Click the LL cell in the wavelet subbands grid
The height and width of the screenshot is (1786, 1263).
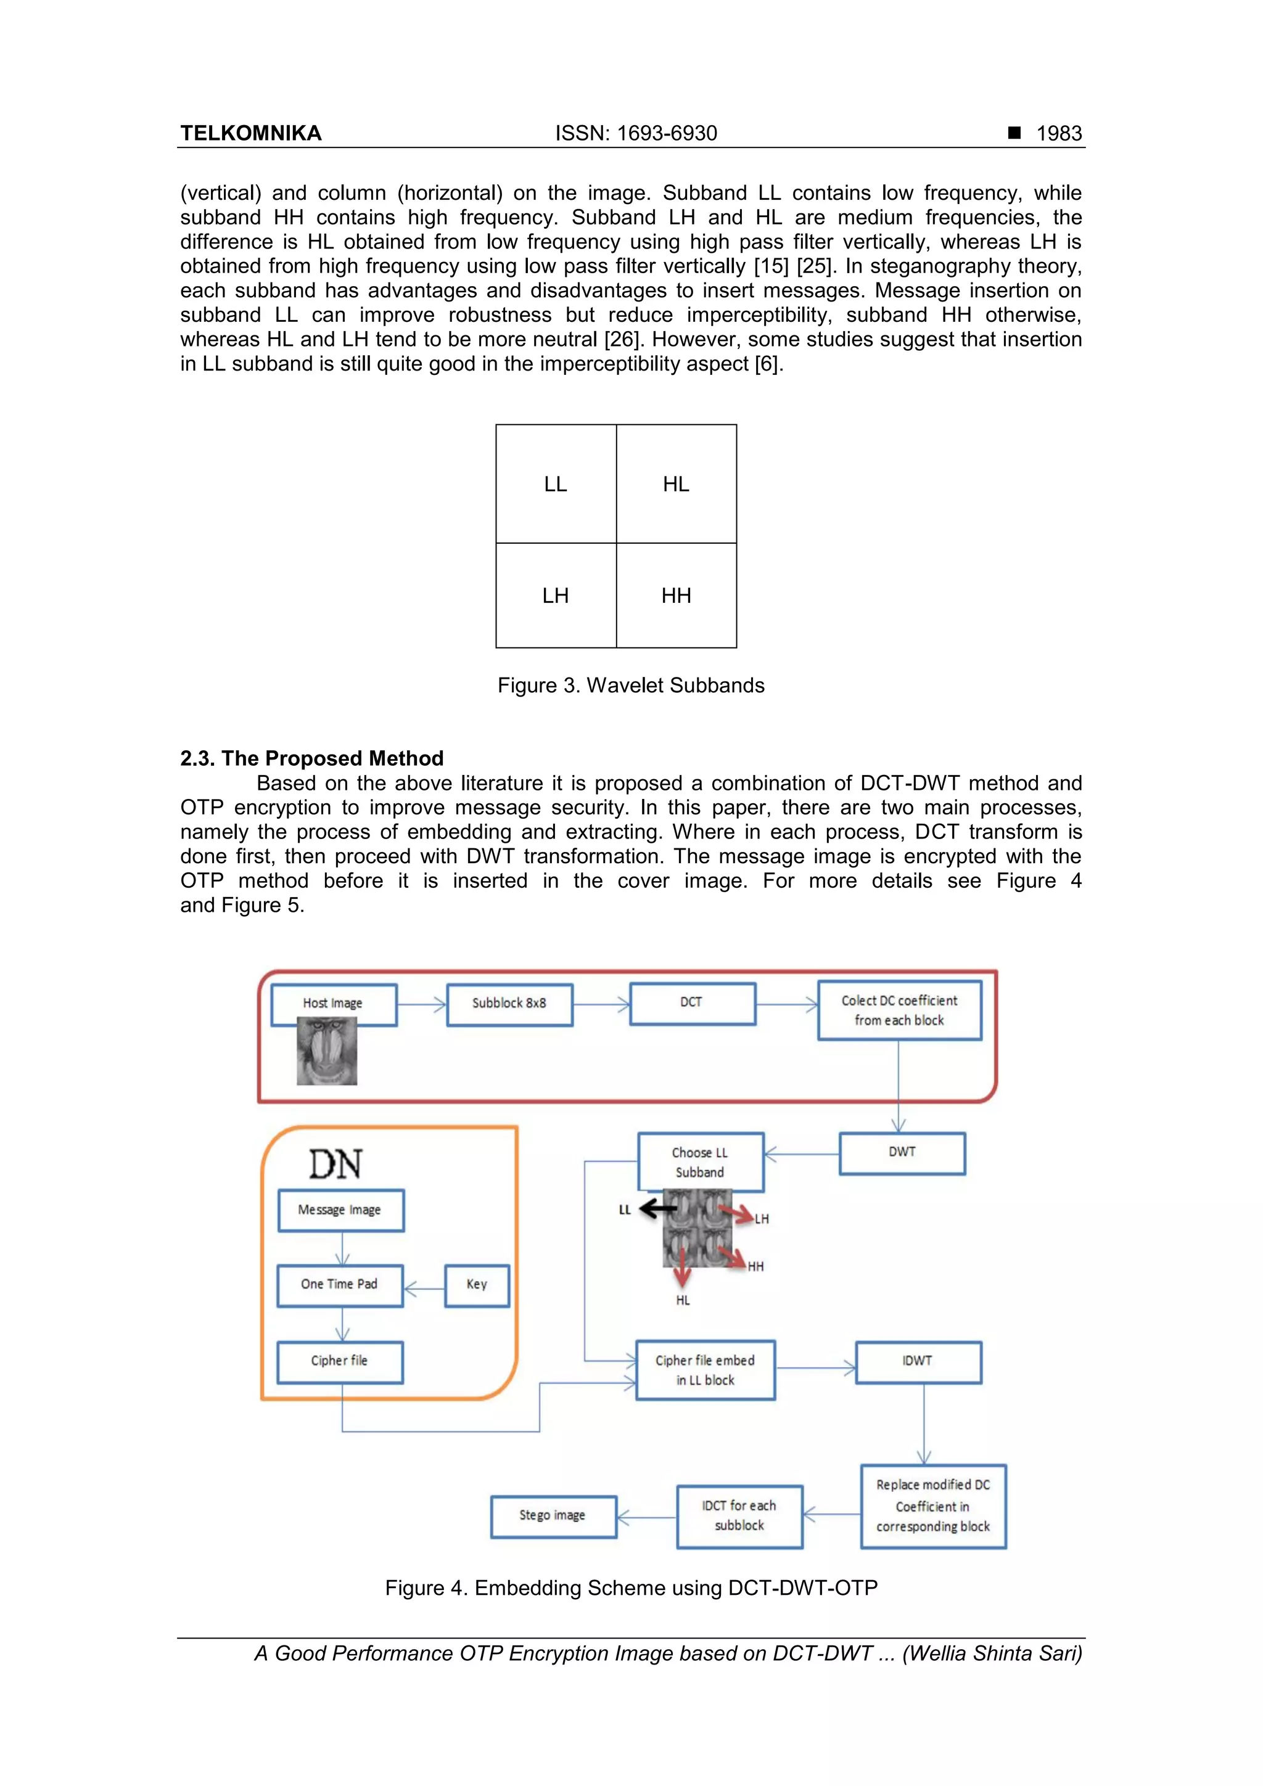coord(556,484)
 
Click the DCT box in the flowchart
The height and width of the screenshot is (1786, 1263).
coord(691,1002)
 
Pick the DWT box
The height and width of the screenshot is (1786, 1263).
coord(901,1152)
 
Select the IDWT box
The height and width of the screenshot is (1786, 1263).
coord(918,1361)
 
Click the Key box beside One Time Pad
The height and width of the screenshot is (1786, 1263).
coord(476,1284)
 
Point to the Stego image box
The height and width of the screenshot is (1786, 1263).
coord(553,1515)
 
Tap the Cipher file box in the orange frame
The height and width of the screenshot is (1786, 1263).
coord(339,1361)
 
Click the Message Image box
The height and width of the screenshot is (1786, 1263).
coord(340,1210)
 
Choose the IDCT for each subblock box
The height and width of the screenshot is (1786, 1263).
coord(739,1515)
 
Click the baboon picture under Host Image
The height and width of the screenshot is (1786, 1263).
coord(327,1052)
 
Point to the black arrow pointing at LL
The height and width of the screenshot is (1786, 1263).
coord(657,1209)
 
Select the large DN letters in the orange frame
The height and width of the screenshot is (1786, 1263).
coord(335,1165)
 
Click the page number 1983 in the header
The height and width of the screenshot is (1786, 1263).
coord(1058,134)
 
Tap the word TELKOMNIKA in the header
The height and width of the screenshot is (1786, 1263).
coord(250,134)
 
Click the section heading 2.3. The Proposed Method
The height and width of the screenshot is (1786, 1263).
coord(311,758)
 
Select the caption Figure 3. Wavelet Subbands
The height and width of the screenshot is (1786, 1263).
coord(631,686)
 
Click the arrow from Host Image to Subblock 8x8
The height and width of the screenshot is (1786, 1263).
coord(421,1004)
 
